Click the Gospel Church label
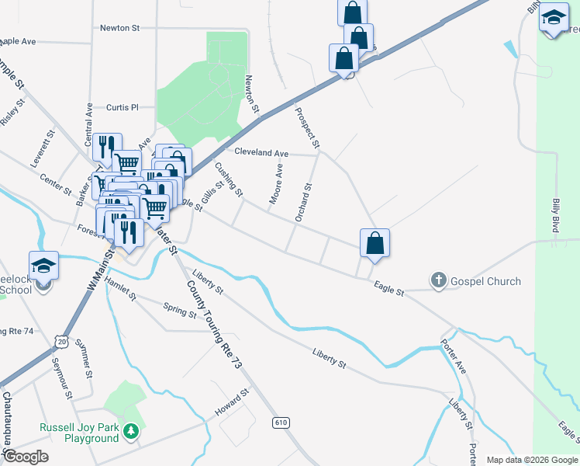[x=486, y=281]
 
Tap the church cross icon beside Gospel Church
[x=438, y=281]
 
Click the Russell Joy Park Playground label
[x=80, y=433]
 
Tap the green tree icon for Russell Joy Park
[x=132, y=429]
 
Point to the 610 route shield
[x=281, y=423]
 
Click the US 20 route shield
[x=62, y=341]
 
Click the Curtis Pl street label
[x=122, y=107]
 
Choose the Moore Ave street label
[x=276, y=185]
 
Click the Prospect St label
[x=307, y=127]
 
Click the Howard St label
[x=232, y=402]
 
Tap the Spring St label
[x=180, y=311]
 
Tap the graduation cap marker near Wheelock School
[x=44, y=265]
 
